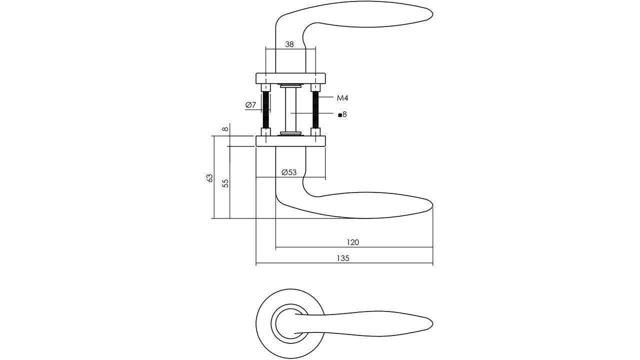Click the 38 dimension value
point(289,44)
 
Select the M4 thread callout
point(342,98)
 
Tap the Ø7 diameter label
point(250,105)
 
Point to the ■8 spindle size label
point(342,114)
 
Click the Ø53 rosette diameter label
point(289,172)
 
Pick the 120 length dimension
point(353,242)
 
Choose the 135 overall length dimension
point(343,258)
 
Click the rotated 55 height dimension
point(225,183)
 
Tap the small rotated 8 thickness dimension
point(225,129)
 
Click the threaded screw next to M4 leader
point(315,110)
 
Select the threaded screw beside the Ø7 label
point(266,110)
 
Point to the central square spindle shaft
point(290,110)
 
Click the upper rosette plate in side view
point(290,78)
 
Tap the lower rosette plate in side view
point(290,141)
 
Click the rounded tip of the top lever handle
point(432,13)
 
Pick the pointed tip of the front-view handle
point(432,324)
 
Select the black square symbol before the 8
point(340,115)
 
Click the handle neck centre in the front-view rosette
point(290,323)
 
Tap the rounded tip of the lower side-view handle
point(432,205)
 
